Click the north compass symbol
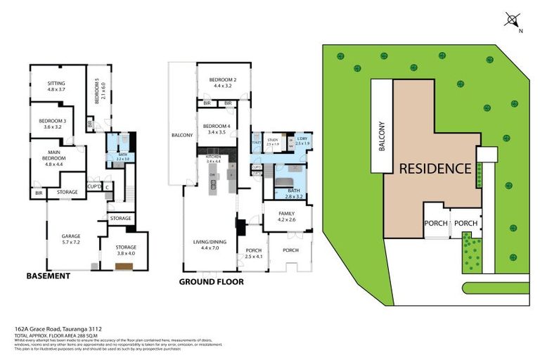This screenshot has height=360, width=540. point(512,20)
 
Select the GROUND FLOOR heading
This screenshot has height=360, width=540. point(211,282)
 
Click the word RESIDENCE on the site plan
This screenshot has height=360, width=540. point(435,169)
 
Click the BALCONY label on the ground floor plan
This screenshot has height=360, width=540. point(182,134)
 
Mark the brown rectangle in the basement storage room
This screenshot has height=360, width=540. point(124,266)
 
